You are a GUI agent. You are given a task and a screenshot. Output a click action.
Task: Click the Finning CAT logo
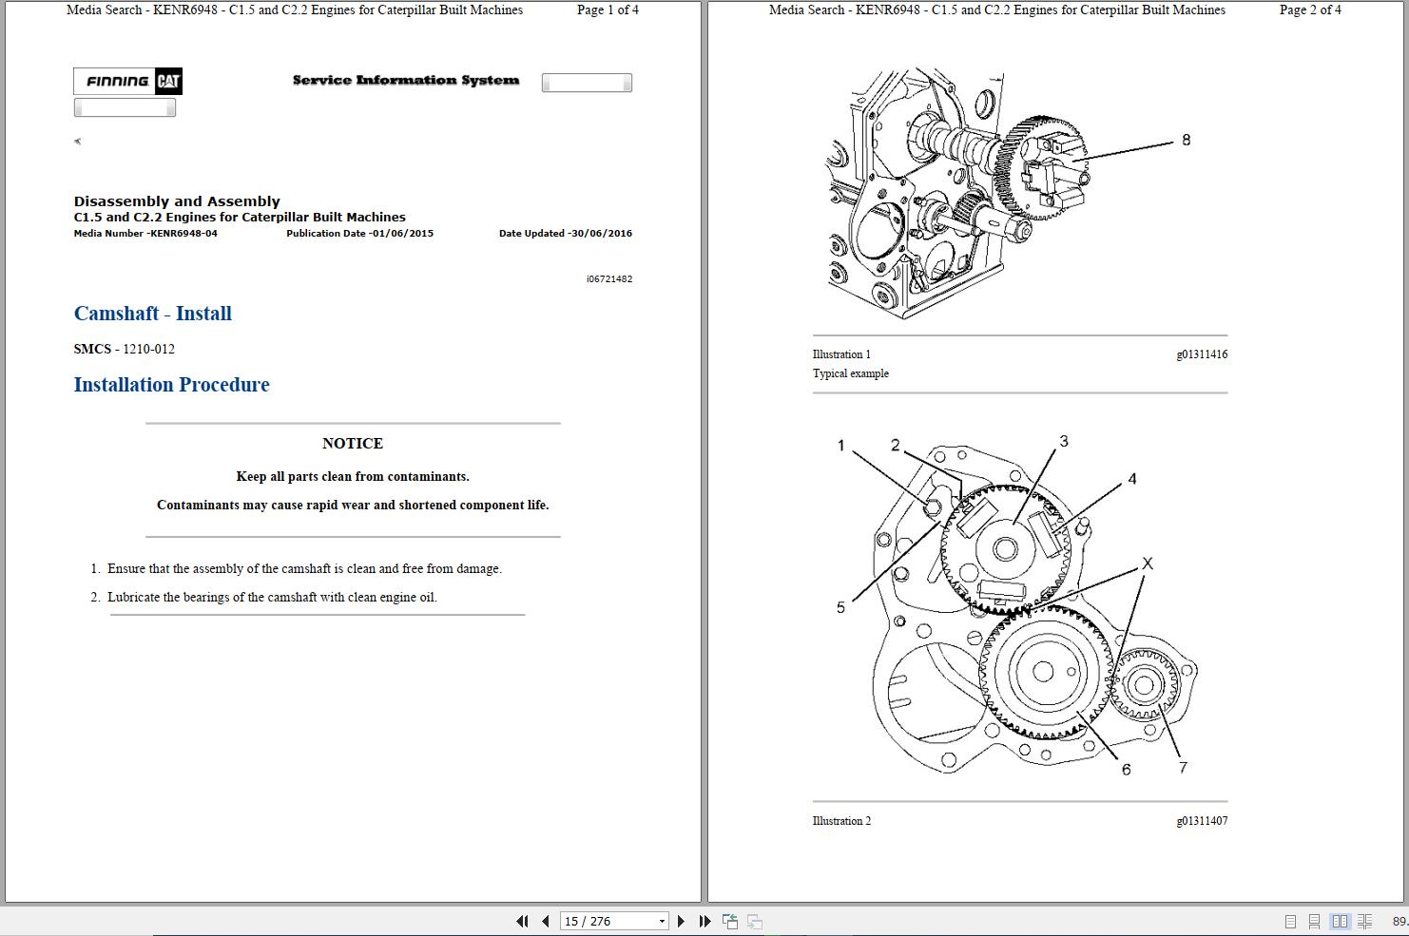coord(128,82)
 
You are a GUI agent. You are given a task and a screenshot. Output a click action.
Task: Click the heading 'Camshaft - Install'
coord(153,314)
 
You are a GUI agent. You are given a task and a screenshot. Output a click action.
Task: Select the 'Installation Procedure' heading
coord(172,385)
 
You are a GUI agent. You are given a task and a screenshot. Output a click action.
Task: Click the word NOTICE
coord(353,444)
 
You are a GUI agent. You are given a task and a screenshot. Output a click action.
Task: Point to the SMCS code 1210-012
coord(148,349)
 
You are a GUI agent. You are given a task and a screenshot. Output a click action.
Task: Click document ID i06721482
coord(609,279)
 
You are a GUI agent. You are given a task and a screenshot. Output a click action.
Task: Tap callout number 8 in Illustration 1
coord(1186,141)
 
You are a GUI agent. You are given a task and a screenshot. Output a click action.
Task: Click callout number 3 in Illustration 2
coord(1064,441)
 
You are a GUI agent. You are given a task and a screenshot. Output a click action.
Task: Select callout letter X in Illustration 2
coord(1147,564)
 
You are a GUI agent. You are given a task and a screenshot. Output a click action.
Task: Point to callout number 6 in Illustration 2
coord(1126,770)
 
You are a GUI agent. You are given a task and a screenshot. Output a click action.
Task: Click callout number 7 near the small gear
coord(1183,768)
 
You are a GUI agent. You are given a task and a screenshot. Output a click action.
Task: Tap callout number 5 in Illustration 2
coord(840,608)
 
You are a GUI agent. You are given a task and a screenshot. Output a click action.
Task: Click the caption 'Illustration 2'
coord(841,821)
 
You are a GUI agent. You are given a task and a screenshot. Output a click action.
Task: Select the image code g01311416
coord(1202,354)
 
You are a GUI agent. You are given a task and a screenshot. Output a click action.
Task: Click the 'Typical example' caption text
coord(851,373)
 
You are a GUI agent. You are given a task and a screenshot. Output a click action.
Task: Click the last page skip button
coord(704,921)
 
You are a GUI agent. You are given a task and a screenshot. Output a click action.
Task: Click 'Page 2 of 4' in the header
coord(1310,10)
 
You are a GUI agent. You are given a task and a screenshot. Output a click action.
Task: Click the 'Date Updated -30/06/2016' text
coord(565,234)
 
